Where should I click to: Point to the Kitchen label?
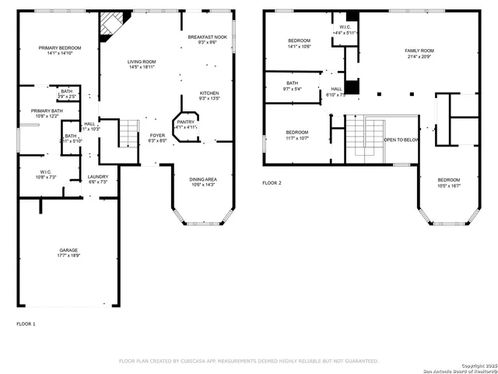click(x=209, y=96)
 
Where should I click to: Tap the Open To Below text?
click(x=402, y=140)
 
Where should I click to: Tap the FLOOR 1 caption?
click(x=26, y=323)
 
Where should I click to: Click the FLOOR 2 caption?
click(x=272, y=182)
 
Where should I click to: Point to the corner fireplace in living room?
click(x=107, y=25)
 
